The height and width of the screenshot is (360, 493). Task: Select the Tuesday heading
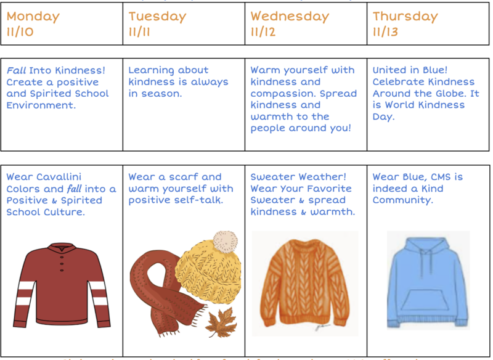click(158, 17)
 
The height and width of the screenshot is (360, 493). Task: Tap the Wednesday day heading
click(290, 17)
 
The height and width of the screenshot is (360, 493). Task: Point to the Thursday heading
click(405, 17)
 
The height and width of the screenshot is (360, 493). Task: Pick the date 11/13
click(386, 32)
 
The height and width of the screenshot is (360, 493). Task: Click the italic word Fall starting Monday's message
click(16, 70)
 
